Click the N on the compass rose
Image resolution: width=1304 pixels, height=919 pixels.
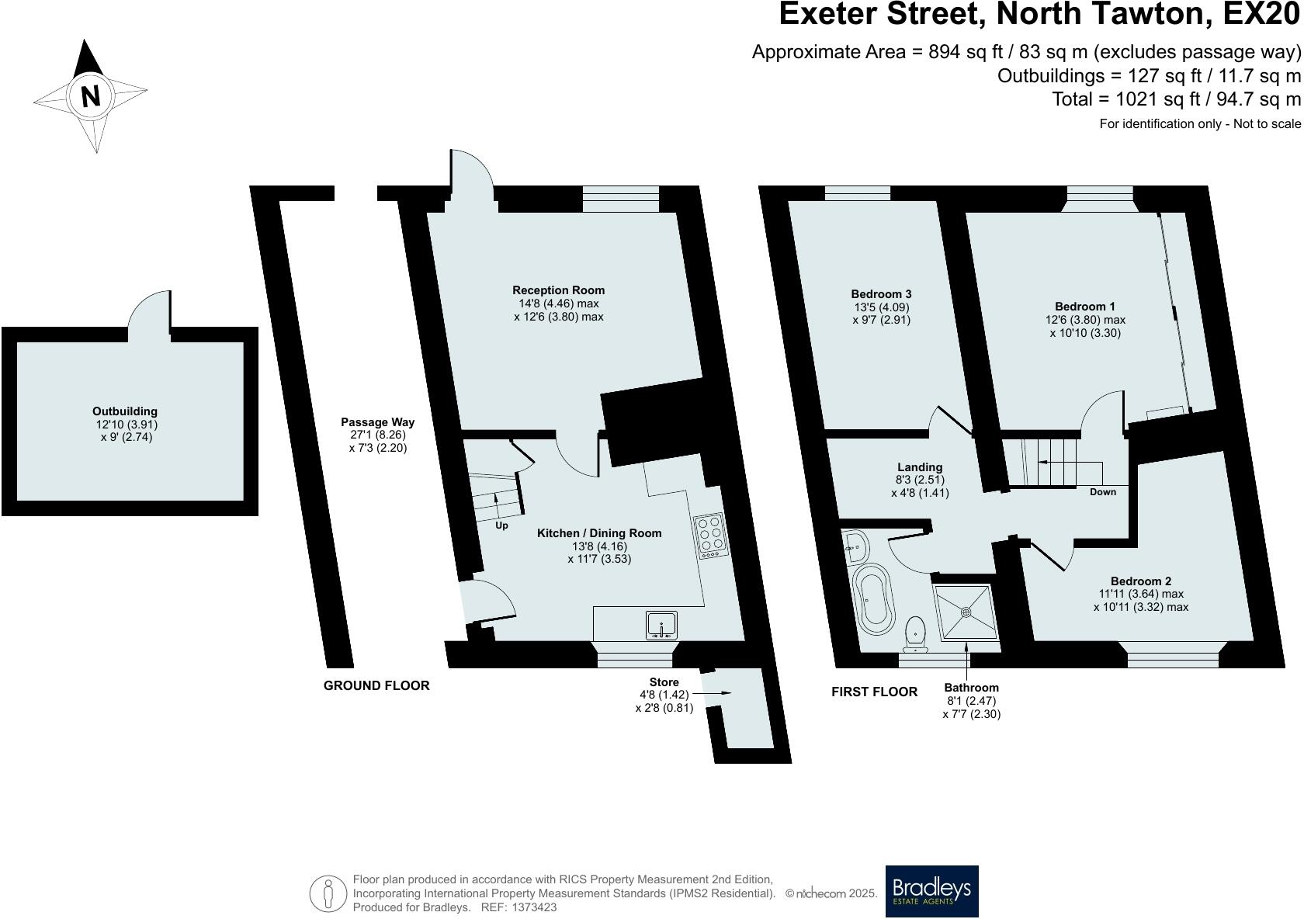(x=91, y=95)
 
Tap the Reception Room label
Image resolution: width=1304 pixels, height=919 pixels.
(x=558, y=290)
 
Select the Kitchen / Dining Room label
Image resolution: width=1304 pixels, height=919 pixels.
(x=599, y=533)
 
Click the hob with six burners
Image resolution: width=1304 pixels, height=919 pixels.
(x=710, y=536)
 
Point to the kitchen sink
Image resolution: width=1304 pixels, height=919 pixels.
(x=662, y=626)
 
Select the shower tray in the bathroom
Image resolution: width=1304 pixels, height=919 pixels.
(x=966, y=612)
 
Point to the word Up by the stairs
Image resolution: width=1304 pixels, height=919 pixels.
(x=501, y=525)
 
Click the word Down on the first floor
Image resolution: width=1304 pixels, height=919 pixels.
(x=1102, y=492)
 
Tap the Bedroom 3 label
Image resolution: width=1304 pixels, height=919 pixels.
(x=881, y=294)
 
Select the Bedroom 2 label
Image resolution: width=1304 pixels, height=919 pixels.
(x=1140, y=581)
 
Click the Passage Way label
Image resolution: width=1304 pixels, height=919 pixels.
(x=378, y=422)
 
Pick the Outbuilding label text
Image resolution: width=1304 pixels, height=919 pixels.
(x=125, y=411)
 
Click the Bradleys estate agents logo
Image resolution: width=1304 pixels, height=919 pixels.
(x=931, y=891)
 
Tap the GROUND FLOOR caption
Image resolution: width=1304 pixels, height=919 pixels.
(x=376, y=686)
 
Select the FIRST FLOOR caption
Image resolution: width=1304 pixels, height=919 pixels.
(x=874, y=692)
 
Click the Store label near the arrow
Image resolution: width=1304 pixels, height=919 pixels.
(x=664, y=682)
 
